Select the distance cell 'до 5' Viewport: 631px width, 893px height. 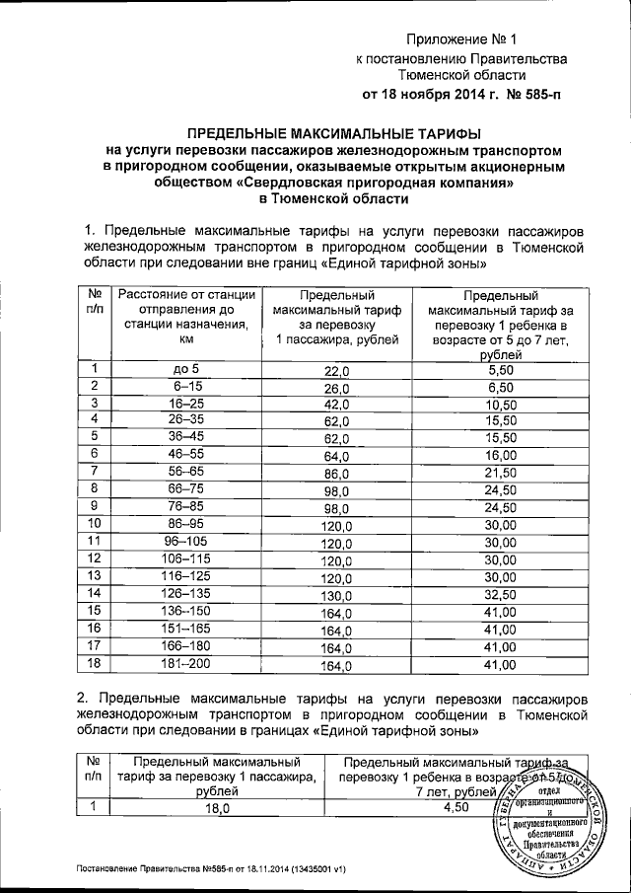(x=186, y=369)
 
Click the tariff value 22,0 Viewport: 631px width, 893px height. (x=338, y=371)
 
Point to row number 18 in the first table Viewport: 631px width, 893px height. (x=96, y=664)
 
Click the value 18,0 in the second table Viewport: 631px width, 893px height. (x=216, y=808)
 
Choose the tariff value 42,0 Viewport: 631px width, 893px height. (x=337, y=406)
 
